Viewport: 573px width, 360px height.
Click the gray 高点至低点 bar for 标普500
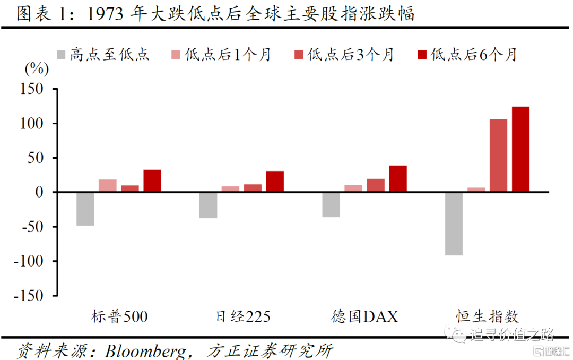pos(85,209)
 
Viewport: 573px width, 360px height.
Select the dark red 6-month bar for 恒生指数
pos(520,149)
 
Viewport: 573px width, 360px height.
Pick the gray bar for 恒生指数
pos(454,224)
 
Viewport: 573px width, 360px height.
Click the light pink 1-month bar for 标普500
pos(107,186)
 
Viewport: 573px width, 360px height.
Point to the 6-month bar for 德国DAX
pos(398,178)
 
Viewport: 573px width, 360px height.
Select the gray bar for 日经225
pos(208,205)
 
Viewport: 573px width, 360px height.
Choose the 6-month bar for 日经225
pos(275,181)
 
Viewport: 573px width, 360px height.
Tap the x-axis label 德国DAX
pos(364,317)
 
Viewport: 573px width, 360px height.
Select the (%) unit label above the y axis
pos(37,68)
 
